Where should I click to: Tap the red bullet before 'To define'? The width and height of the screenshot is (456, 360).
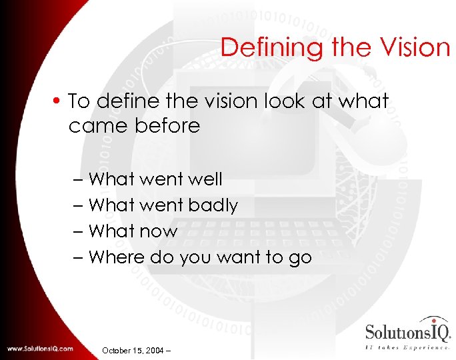pyautogui.click(x=59, y=102)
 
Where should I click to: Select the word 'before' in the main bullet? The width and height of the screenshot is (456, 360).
pyautogui.click(x=167, y=126)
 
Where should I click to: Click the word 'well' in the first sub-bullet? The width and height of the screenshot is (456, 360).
pyautogui.click(x=206, y=179)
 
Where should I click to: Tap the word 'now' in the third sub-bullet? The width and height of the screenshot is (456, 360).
pyautogui.click(x=164, y=231)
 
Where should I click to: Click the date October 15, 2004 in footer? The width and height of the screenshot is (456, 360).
pyautogui.click(x=135, y=349)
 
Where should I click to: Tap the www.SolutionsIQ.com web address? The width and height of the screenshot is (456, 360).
pyautogui.click(x=41, y=348)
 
